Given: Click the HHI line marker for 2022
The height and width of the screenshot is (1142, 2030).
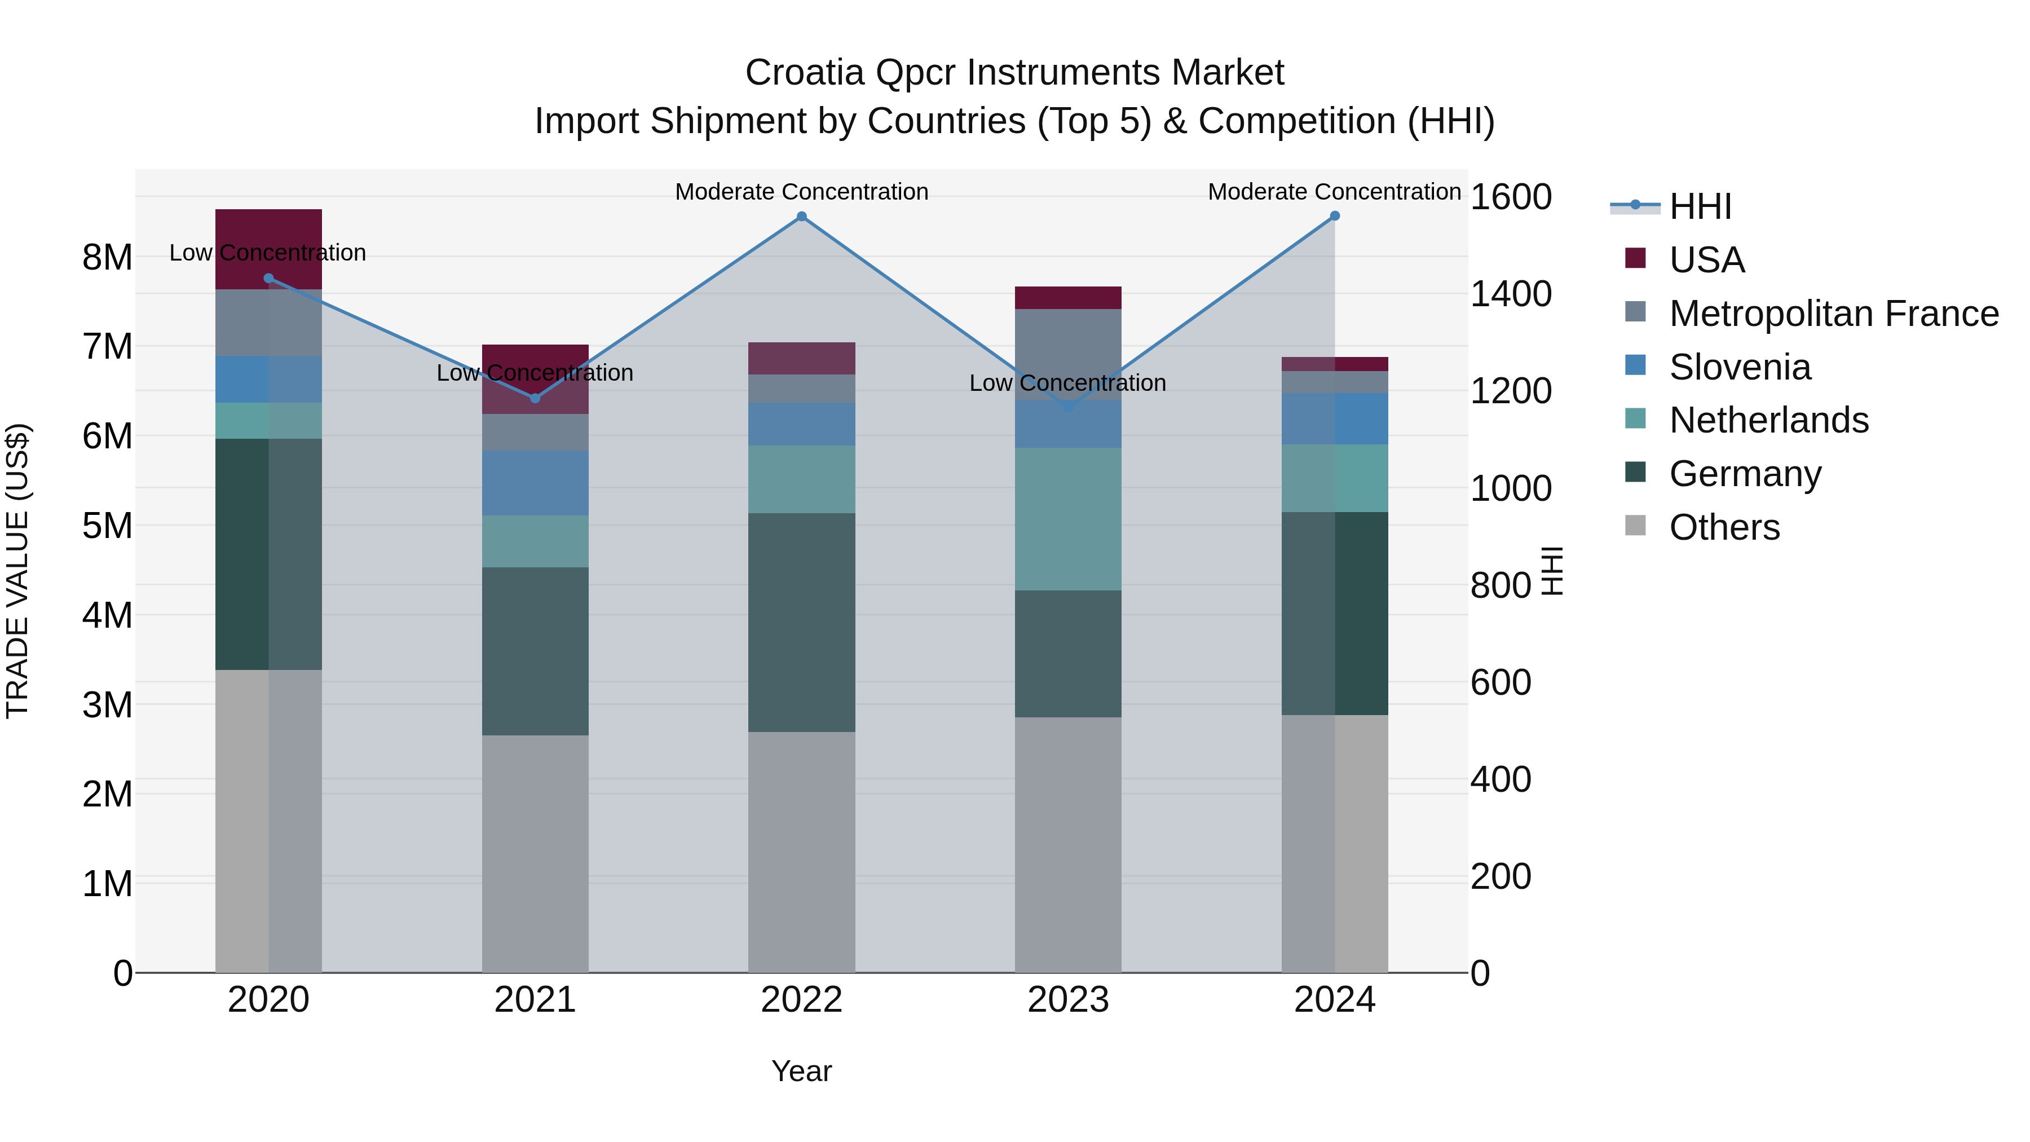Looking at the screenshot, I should pyautogui.click(x=801, y=217).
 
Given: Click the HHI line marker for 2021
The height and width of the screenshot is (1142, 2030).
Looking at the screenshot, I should pyautogui.click(x=535, y=398).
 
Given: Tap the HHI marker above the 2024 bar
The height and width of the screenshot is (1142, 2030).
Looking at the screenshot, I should pyautogui.click(x=1334, y=216).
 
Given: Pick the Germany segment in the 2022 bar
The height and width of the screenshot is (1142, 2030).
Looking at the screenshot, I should pyautogui.click(x=801, y=623).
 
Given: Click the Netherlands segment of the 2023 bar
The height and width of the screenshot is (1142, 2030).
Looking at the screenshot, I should pyautogui.click(x=1068, y=519).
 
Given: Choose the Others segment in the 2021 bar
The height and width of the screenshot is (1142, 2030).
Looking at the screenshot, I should pyautogui.click(x=535, y=854).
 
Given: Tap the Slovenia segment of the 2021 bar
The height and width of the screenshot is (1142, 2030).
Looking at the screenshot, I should pyautogui.click(x=535, y=483).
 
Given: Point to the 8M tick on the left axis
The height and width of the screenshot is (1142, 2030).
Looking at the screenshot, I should pyautogui.click(x=107, y=258).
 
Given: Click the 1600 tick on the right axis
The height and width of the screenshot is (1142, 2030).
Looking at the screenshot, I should pyautogui.click(x=1511, y=197).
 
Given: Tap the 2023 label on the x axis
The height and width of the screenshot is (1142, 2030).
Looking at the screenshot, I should pyautogui.click(x=1068, y=1000).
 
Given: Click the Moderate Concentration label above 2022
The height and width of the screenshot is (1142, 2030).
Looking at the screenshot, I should pyautogui.click(x=801, y=192).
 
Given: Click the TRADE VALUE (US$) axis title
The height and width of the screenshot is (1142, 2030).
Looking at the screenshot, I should pyautogui.click(x=17, y=571).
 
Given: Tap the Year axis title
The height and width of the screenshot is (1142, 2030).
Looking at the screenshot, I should pyautogui.click(x=801, y=1071).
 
